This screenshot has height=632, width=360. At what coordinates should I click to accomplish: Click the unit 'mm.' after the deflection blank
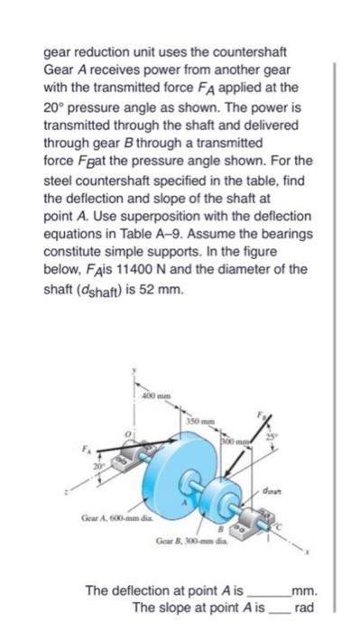303,591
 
